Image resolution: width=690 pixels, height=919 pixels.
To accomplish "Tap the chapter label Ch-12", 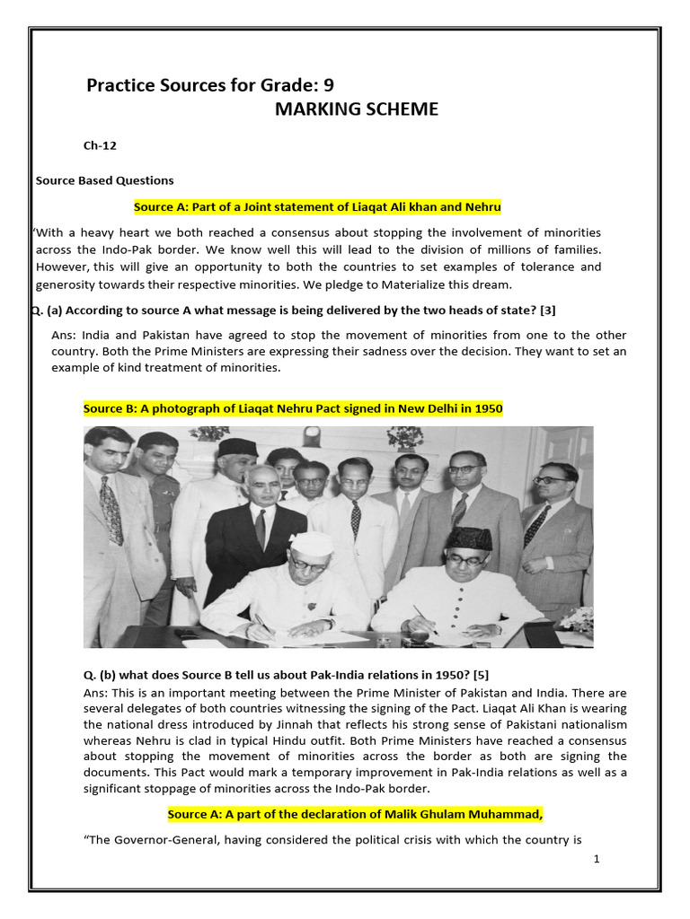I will (100, 144).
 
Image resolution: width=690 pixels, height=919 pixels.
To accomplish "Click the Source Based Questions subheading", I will (104, 180).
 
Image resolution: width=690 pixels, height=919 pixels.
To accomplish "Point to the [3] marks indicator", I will (547, 311).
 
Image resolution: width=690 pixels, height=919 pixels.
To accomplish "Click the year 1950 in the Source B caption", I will (485, 408).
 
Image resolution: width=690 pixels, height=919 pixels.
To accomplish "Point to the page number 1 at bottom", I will (596, 859).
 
